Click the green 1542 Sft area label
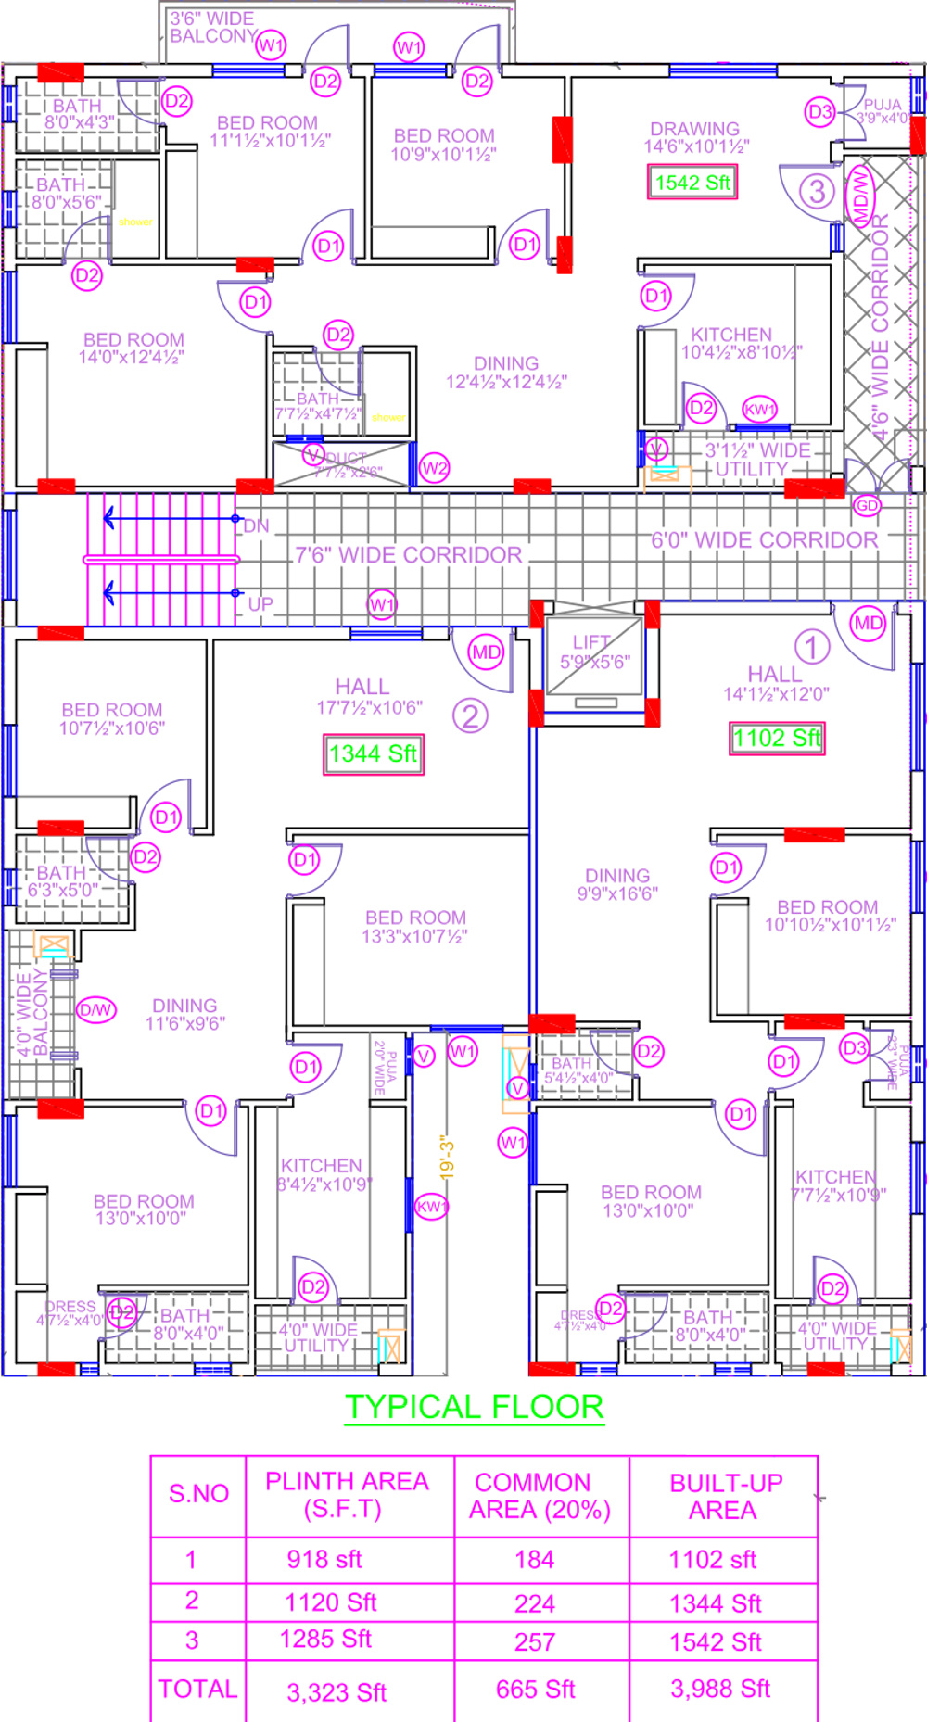692,183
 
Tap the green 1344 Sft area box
374,753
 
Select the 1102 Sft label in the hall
777,738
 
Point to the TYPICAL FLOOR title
475,1407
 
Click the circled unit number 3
817,192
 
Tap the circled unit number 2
470,716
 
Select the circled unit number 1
812,647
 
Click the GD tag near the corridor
867,505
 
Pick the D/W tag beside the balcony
95,1009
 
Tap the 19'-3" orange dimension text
447,1158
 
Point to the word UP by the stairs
260,604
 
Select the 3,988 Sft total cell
720,1689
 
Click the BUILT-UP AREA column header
725,1496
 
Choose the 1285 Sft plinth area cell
325,1639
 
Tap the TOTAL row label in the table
197,1689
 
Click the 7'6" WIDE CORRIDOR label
409,555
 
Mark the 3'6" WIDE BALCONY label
213,27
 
